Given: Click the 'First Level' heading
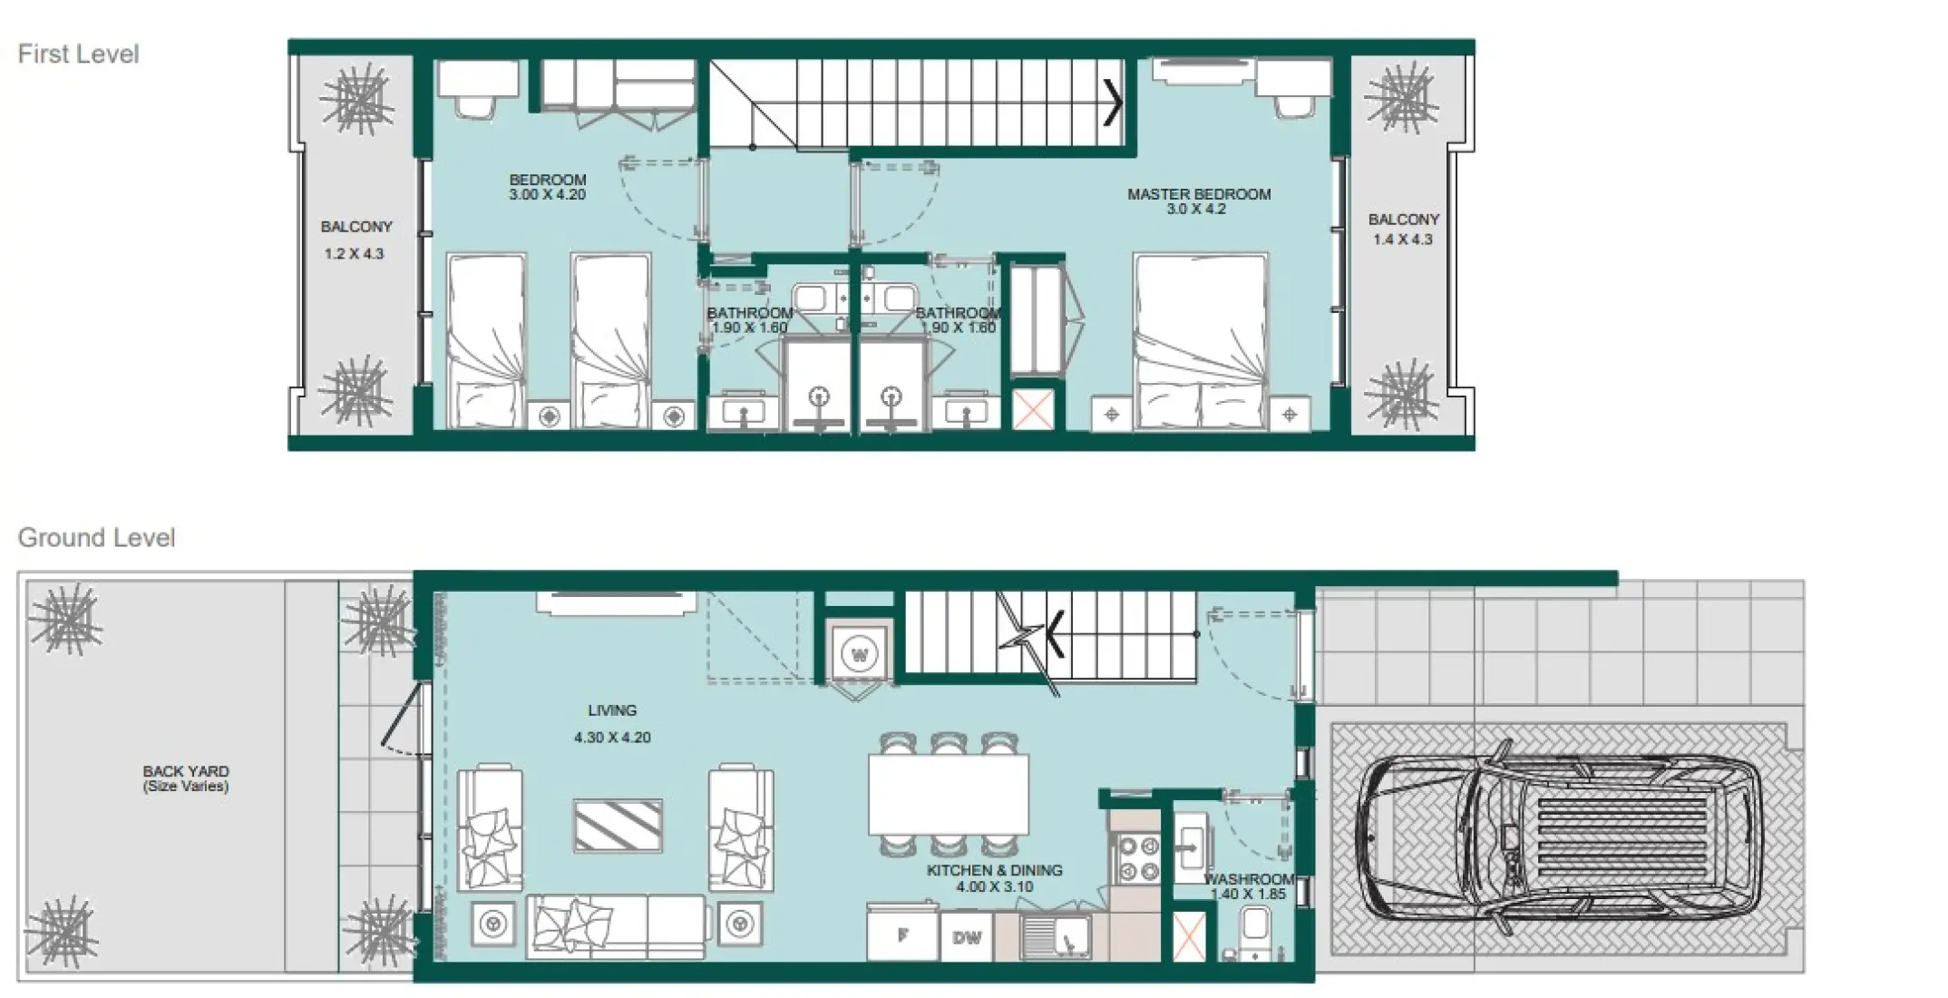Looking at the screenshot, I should click(78, 54).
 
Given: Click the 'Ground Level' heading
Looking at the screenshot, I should click(96, 538).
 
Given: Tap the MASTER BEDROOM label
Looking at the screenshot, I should click(1198, 194).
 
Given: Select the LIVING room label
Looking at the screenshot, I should click(612, 710).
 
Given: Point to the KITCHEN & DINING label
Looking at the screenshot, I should click(994, 870).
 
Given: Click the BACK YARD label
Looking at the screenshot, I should click(186, 771).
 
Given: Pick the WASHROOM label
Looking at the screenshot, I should click(1249, 879).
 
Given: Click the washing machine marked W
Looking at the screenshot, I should click(859, 654).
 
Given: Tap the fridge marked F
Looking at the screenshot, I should click(902, 935).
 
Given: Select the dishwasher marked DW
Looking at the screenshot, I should click(967, 937).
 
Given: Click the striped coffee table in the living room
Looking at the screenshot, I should click(618, 825).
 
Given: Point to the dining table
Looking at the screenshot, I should click(948, 795).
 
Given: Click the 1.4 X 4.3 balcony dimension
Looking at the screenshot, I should click(1402, 240).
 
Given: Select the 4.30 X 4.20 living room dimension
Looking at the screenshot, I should click(612, 738).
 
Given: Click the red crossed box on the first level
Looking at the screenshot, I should click(1033, 409).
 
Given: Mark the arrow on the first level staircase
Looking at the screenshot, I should click(1112, 103).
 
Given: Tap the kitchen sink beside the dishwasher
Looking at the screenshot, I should click(1056, 935).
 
